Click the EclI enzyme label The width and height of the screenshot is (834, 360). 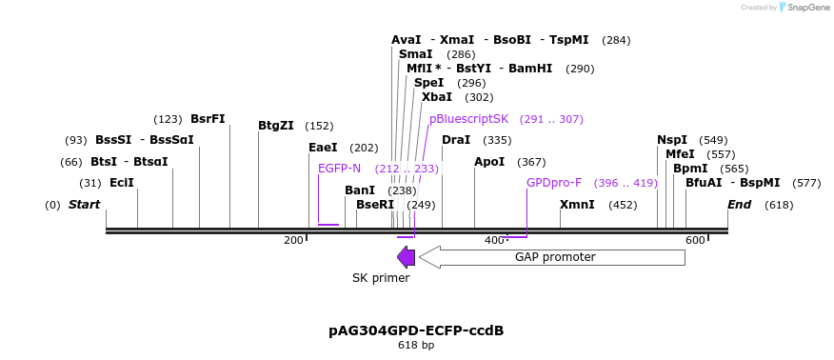point(121,183)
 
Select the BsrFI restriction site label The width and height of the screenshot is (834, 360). point(208,119)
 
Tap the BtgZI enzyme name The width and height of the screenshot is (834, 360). point(275,126)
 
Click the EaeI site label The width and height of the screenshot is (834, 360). point(323,148)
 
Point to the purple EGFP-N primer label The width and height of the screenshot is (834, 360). point(339,169)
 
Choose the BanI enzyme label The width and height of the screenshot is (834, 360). point(360,190)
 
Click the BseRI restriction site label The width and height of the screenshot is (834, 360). point(374,205)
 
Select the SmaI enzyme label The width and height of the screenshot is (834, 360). point(415,54)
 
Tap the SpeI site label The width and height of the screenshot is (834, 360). point(428,83)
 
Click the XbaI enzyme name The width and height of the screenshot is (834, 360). point(436,97)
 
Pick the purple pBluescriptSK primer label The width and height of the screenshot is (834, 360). point(468,119)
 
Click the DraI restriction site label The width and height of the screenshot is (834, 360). point(456,140)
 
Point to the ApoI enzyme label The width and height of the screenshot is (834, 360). point(489,162)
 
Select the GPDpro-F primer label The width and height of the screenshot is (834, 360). point(553,183)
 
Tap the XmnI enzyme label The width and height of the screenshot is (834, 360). point(577,205)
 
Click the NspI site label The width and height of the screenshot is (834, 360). point(672,140)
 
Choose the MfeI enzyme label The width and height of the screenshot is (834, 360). point(680,154)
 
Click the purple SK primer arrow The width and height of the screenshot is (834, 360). point(407,257)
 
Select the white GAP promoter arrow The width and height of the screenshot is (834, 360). point(552,257)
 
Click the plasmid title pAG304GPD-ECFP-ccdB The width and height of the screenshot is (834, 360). point(416,330)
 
